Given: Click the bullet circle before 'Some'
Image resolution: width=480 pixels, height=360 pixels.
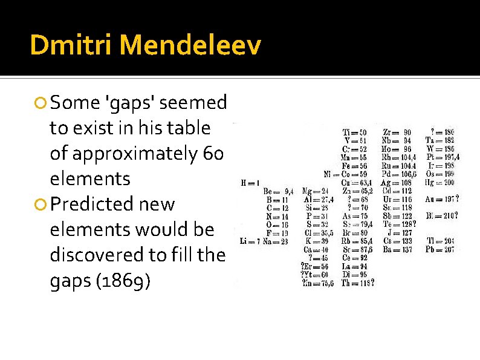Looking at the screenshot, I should [x=41, y=103].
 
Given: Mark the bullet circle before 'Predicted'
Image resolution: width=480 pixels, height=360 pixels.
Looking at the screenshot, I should [x=41, y=205].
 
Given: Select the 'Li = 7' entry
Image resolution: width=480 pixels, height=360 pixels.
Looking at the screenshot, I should [x=249, y=241].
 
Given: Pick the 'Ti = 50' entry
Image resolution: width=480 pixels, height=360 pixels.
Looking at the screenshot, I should [x=354, y=133].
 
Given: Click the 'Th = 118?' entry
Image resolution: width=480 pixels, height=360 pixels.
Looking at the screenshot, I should [x=357, y=282].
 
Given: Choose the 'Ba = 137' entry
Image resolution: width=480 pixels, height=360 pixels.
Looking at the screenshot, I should [x=398, y=249].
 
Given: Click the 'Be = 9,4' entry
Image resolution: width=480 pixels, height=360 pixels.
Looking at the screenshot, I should [x=277, y=191].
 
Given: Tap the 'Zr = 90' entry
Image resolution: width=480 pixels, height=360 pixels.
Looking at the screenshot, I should [x=398, y=133].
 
